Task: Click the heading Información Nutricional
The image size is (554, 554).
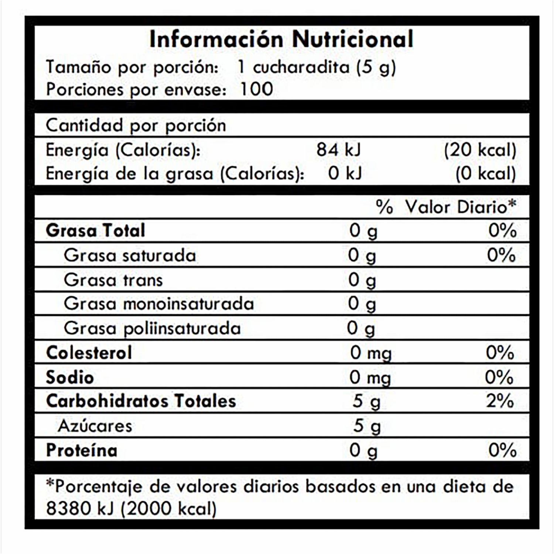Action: pyautogui.click(x=281, y=39)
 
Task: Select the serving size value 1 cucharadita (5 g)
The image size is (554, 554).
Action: pyautogui.click(x=317, y=68)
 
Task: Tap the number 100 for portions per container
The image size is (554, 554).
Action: pyautogui.click(x=256, y=89)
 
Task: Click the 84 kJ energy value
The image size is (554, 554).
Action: pyautogui.click(x=339, y=150)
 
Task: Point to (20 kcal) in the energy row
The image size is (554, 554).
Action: pyautogui.click(x=480, y=150)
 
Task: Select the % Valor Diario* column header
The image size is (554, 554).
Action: pyautogui.click(x=446, y=207)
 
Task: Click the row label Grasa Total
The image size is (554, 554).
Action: pyautogui.click(x=96, y=231)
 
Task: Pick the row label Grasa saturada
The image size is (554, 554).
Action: pyautogui.click(x=130, y=256)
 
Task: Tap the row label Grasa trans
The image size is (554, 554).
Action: pyautogui.click(x=113, y=280)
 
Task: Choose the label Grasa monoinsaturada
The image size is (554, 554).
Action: pyautogui.click(x=159, y=304)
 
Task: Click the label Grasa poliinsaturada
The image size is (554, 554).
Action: pyautogui.click(x=152, y=328)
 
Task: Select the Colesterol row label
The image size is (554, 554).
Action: pyautogui.click(x=89, y=353)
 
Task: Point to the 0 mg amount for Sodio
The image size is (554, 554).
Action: pyautogui.click(x=370, y=377)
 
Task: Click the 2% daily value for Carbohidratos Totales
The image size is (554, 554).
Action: pyautogui.click(x=500, y=401)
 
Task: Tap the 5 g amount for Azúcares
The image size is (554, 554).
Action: pyautogui.click(x=366, y=426)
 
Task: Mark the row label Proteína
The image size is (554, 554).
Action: pyautogui.click(x=82, y=451)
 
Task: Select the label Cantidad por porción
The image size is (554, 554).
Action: pyautogui.click(x=136, y=126)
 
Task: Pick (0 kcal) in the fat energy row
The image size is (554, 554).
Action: pyautogui.click(x=485, y=174)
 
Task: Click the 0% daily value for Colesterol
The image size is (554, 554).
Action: pyautogui.click(x=500, y=353)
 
